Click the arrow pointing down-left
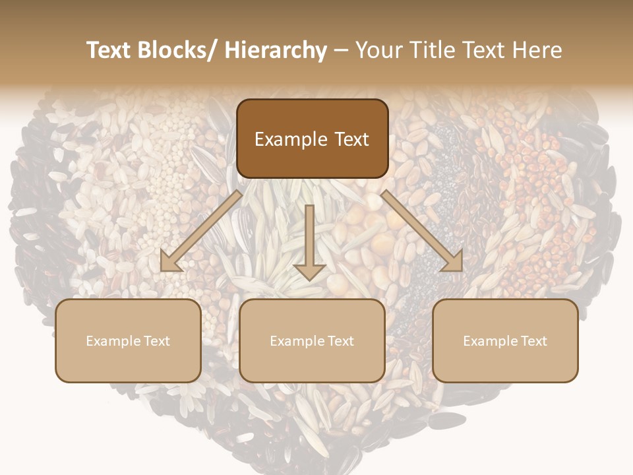click(201, 231)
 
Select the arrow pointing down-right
click(422, 231)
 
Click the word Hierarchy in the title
click(276, 51)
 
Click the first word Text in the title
click(108, 51)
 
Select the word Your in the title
click(379, 51)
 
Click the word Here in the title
click(537, 51)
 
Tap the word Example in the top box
click(290, 140)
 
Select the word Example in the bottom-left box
click(113, 341)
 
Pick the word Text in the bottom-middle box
click(340, 341)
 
